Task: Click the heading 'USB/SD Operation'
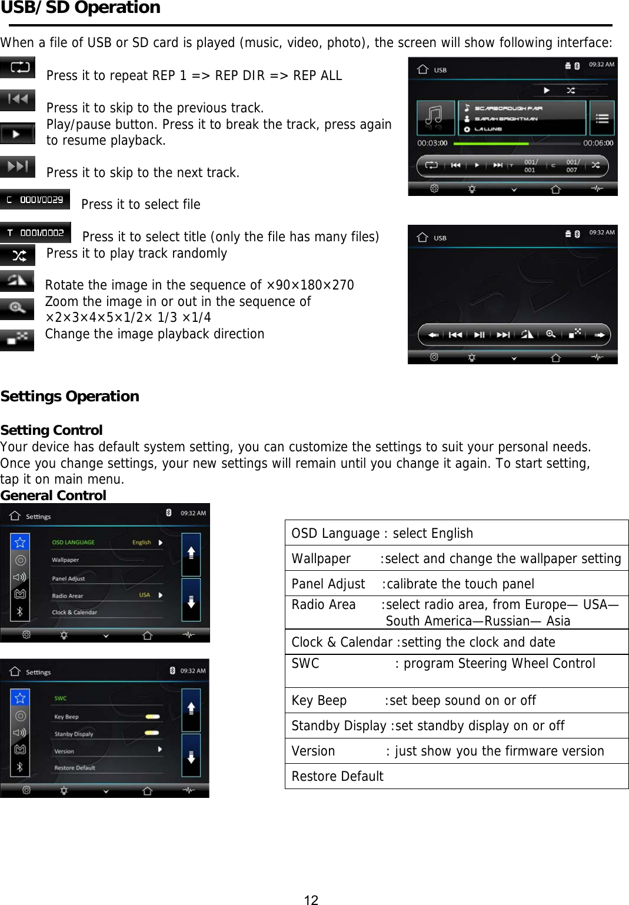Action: (x=81, y=8)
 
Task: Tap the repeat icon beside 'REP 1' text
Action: (x=18, y=67)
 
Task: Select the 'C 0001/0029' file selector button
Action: (x=35, y=199)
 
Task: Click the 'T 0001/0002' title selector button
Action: (x=35, y=232)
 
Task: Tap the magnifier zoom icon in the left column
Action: (x=17, y=308)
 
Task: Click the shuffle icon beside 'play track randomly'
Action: (x=18, y=255)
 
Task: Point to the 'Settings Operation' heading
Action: (x=70, y=396)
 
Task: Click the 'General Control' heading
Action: (x=54, y=495)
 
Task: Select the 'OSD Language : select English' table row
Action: (x=456, y=533)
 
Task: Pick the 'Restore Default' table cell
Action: (x=456, y=776)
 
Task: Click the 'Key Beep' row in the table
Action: (x=456, y=700)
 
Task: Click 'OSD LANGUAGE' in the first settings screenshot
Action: (x=74, y=543)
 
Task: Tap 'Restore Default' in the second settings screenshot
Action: (x=75, y=768)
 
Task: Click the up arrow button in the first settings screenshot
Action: (x=191, y=553)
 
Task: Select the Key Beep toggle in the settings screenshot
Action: (x=152, y=717)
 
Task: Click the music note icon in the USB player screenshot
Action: (x=435, y=117)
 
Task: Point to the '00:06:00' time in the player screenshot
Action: (x=598, y=143)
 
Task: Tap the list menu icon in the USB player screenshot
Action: (x=602, y=118)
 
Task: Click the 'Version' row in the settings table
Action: (x=456, y=751)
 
